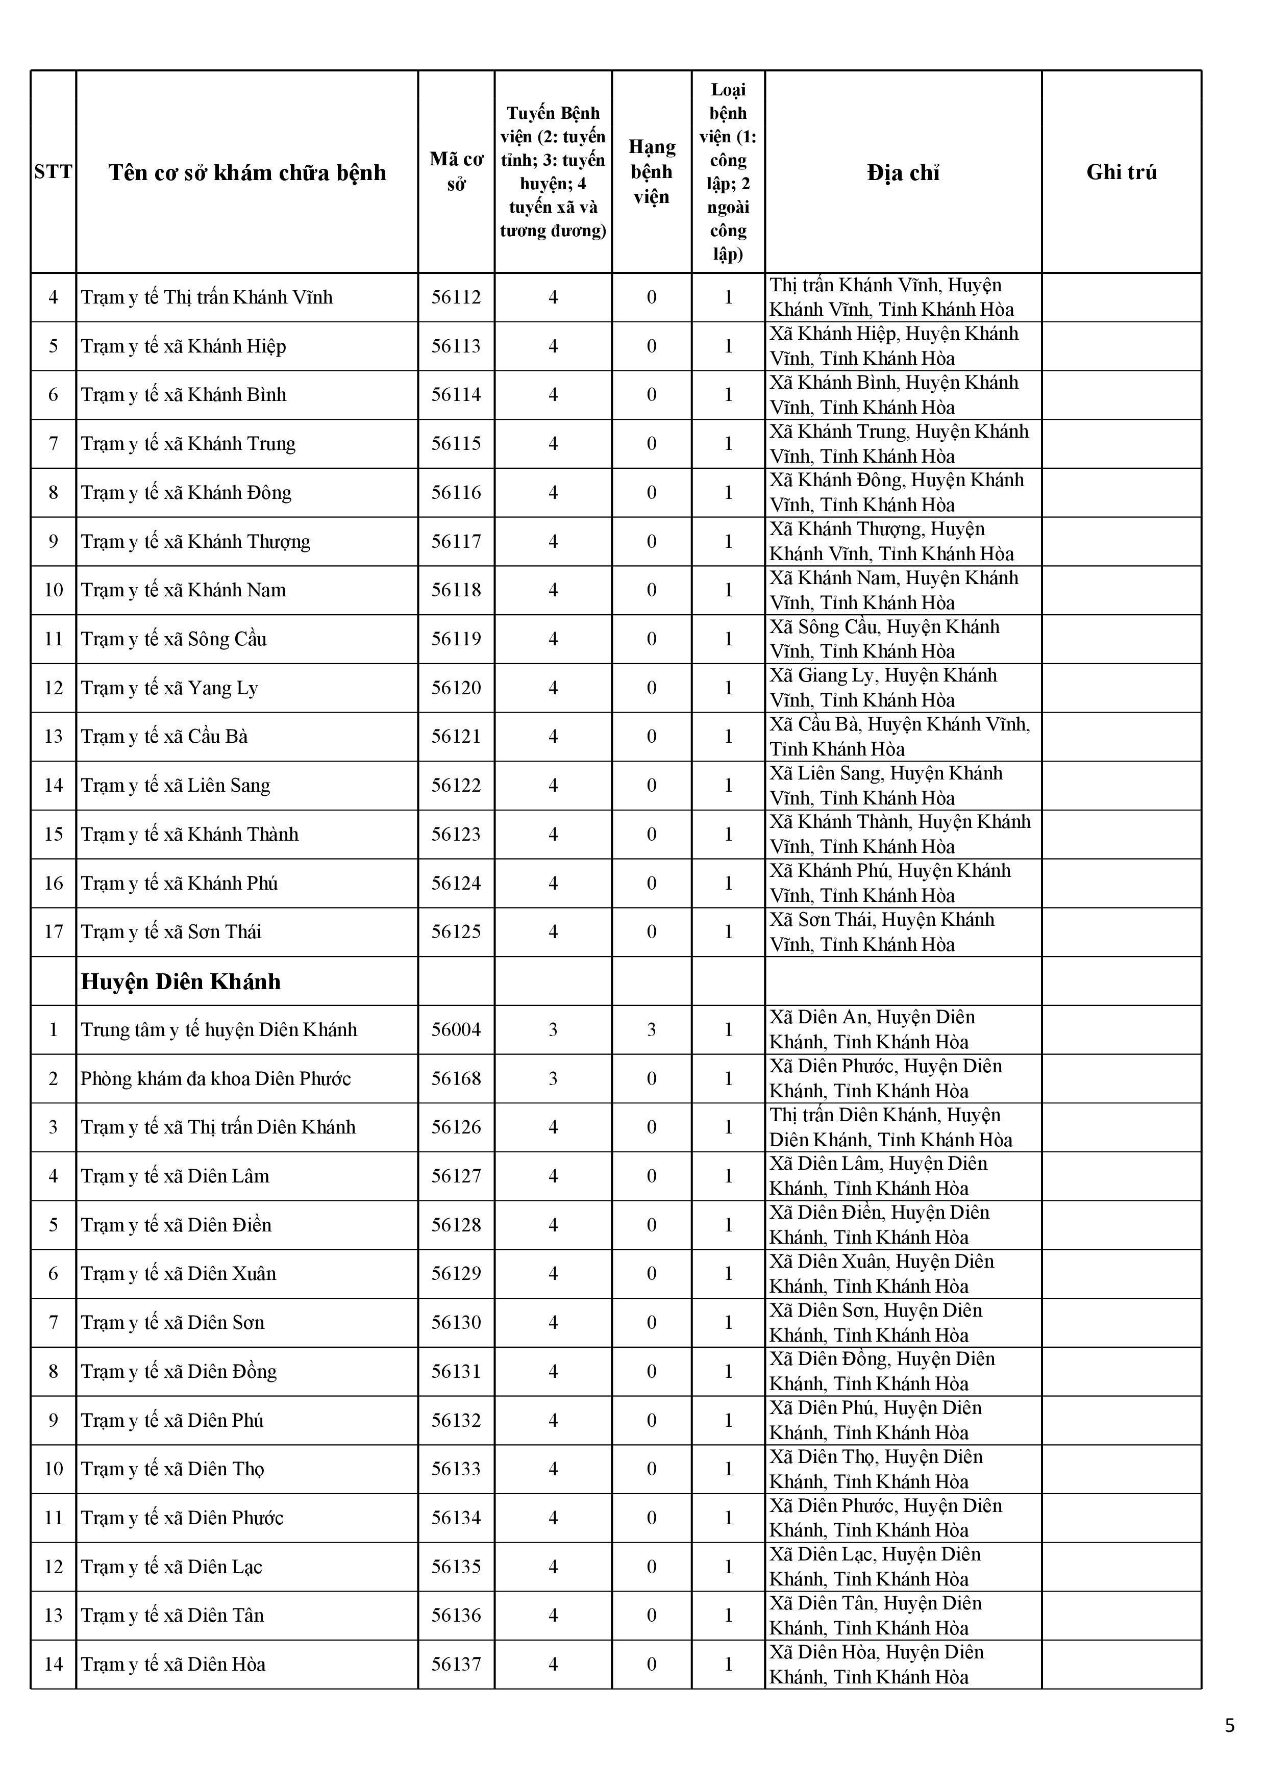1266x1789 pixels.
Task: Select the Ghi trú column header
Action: pyautogui.click(x=1121, y=172)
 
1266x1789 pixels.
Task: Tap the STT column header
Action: pyautogui.click(x=53, y=172)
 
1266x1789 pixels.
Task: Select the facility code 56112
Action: pyautogui.click(x=456, y=297)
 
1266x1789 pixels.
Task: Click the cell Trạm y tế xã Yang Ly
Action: pyautogui.click(x=169, y=688)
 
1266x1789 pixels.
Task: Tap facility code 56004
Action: pyautogui.click(x=456, y=1030)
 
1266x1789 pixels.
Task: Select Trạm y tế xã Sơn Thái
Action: pyautogui.click(x=171, y=932)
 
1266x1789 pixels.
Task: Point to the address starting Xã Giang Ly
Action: pyautogui.click(x=883, y=688)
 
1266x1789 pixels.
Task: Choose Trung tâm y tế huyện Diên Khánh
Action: pyautogui.click(x=219, y=1030)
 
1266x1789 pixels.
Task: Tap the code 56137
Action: pyautogui.click(x=456, y=1665)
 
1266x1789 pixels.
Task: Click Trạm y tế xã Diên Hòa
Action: pyautogui.click(x=173, y=1665)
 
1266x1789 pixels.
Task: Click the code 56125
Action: pyautogui.click(x=456, y=932)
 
